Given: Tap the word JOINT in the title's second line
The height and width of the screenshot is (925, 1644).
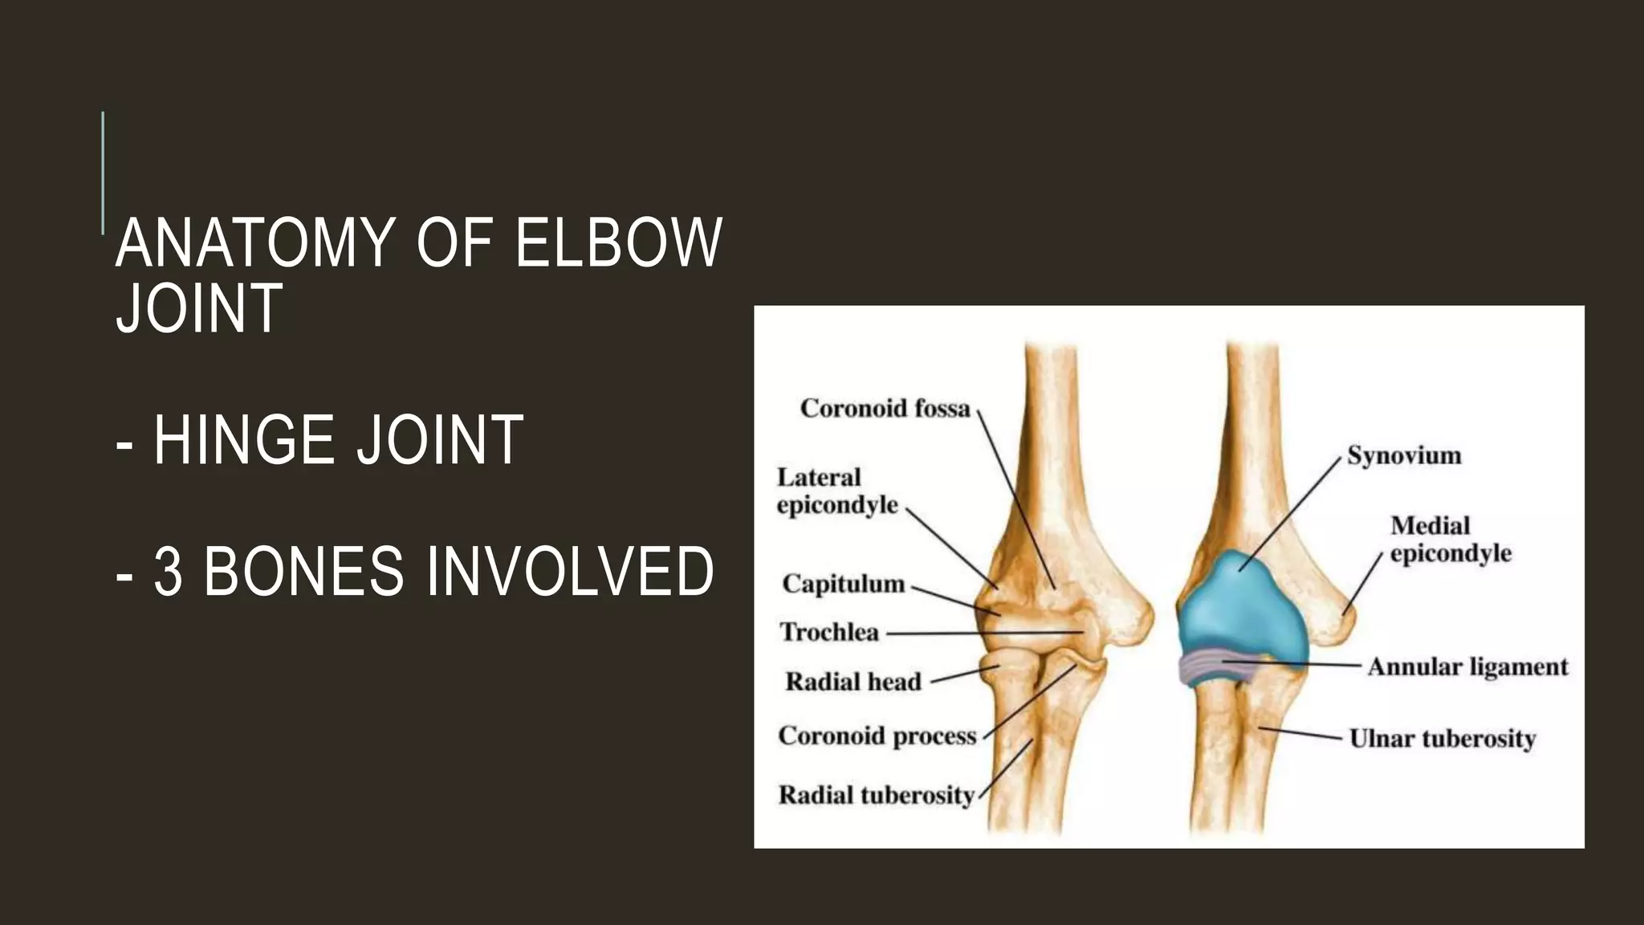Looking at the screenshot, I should (199, 308).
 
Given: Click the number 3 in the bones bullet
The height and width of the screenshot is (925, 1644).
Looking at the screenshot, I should (168, 572).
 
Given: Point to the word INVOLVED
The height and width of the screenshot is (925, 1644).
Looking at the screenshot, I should (570, 572).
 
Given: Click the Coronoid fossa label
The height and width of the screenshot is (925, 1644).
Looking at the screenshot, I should (885, 409).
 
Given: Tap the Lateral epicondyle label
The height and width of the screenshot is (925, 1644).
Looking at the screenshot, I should (836, 491).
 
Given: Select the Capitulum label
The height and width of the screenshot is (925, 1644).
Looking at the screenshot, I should (843, 584).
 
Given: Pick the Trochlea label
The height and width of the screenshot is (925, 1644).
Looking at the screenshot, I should (829, 633).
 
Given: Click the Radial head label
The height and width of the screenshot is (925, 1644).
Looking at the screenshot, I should (853, 682).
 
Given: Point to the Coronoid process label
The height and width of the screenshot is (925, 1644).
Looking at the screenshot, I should (877, 736).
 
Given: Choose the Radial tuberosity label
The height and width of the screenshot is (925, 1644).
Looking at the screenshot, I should (876, 795).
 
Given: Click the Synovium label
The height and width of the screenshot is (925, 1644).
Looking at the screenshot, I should (1403, 455).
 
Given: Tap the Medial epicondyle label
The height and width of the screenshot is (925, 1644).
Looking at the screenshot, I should (1450, 539).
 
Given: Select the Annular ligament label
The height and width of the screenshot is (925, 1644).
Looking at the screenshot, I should (1467, 666).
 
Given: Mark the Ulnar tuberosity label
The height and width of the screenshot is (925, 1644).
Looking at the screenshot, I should (1442, 738).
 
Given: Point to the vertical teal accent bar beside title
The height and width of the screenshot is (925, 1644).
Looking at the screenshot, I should (104, 173).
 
